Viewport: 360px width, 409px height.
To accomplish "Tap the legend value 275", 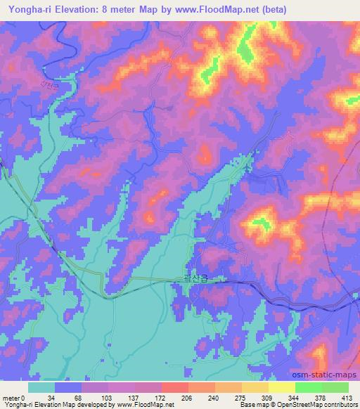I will coord(241,397).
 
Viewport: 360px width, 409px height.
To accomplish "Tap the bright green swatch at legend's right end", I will coord(335,387).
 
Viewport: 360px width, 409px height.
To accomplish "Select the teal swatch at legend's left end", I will coord(41,387).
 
